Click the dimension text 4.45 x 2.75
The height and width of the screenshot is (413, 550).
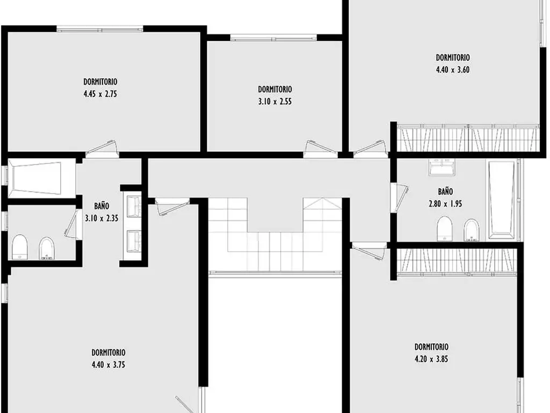[x=100, y=94]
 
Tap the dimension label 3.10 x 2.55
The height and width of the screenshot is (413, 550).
[x=275, y=102]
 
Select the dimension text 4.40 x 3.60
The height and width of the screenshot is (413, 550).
[x=452, y=69]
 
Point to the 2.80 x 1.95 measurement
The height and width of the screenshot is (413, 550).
[x=445, y=204]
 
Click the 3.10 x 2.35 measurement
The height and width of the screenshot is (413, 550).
[x=102, y=218]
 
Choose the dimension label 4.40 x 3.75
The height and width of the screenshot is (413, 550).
[x=108, y=365]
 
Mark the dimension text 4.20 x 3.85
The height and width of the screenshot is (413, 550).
[x=431, y=359]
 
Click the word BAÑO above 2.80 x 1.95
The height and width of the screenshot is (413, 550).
[x=445, y=191]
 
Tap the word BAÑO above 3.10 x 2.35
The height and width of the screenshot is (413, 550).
[x=102, y=206]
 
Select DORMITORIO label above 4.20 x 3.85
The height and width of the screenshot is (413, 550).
[x=431, y=347]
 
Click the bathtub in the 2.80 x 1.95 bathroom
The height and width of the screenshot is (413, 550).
[x=501, y=200]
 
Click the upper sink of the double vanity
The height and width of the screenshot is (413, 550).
[x=133, y=207]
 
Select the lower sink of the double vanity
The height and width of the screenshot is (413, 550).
[x=133, y=241]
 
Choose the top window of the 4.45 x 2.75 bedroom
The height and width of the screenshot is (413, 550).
[x=100, y=29]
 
